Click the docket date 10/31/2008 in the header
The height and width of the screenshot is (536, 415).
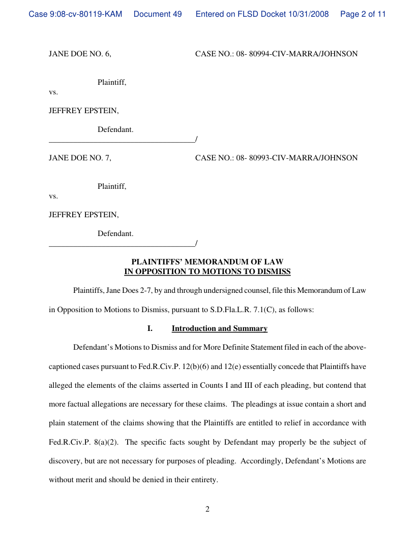pyautogui.click(x=310, y=14)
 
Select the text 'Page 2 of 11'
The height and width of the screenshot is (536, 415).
pyautogui.click(x=363, y=14)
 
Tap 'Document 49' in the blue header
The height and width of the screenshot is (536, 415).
pyautogui.click(x=158, y=14)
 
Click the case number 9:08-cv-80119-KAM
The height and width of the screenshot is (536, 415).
pyautogui.click(x=75, y=14)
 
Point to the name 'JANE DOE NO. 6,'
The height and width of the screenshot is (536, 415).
pyautogui.click(x=80, y=54)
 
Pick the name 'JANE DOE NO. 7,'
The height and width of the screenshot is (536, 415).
pyautogui.click(x=80, y=158)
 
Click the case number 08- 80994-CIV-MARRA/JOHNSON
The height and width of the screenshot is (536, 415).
pyautogui.click(x=297, y=54)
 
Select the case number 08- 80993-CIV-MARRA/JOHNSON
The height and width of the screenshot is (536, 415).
pyautogui.click(x=297, y=158)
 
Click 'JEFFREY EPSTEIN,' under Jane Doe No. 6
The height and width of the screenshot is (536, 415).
pyautogui.click(x=84, y=111)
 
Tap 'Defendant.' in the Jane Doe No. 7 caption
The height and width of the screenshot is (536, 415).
pyautogui.click(x=115, y=234)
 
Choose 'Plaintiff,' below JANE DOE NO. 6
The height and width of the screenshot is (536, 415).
pyautogui.click(x=112, y=82)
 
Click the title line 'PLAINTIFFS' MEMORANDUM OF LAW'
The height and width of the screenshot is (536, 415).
pyautogui.click(x=207, y=262)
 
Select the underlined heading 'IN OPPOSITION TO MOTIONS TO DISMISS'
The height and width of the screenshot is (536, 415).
pyautogui.click(x=207, y=272)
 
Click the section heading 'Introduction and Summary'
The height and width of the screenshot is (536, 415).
pyautogui.click(x=220, y=328)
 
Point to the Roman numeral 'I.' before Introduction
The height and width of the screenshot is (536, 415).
pyautogui.click(x=150, y=328)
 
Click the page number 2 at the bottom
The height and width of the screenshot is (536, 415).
pyautogui.click(x=207, y=509)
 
